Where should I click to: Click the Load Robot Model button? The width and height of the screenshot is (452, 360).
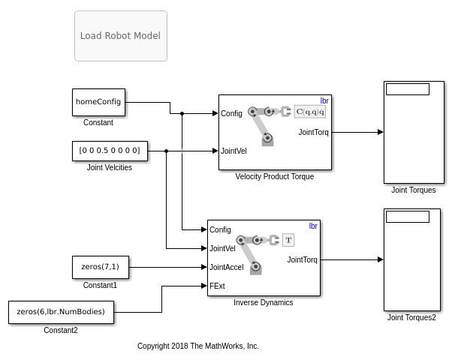(120, 36)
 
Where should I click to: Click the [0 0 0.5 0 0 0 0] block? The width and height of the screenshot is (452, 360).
(109, 151)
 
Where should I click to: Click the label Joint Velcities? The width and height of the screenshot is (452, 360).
(110, 168)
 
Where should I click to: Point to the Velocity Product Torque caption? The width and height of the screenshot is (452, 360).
(274, 177)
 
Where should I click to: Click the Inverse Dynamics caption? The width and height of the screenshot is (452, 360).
(263, 303)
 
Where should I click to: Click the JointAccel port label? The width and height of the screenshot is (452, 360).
(227, 267)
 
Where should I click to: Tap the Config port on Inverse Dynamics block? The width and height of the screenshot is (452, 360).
(220, 229)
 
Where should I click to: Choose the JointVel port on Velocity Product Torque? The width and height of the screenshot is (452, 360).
(234, 151)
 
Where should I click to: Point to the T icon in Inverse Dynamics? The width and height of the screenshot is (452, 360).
(288, 240)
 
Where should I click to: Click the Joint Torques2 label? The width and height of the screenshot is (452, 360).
(411, 318)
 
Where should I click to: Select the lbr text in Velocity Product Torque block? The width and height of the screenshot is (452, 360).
(324, 100)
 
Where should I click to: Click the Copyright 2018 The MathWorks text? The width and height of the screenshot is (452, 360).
(197, 346)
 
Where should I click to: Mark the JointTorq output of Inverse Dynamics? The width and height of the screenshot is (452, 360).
(302, 260)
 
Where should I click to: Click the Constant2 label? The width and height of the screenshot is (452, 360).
(61, 331)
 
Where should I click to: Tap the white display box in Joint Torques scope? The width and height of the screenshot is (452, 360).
(408, 89)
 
